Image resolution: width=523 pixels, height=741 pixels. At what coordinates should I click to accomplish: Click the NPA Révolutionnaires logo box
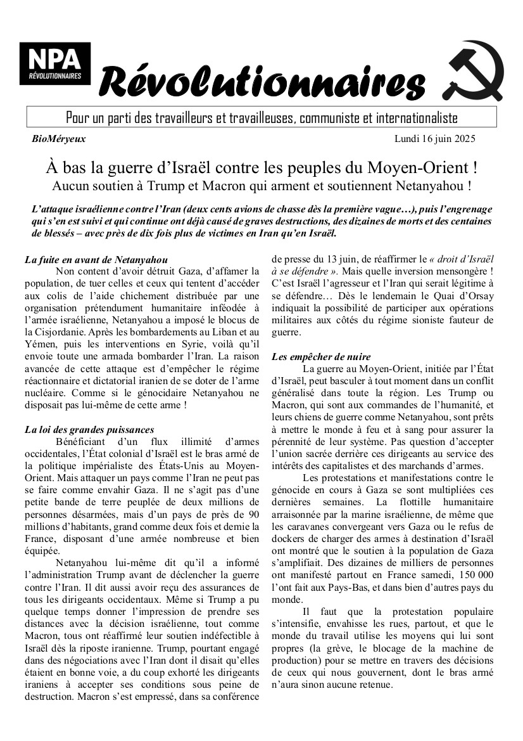click(55, 64)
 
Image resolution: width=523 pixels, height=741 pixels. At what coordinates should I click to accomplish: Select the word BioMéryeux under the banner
click(58, 139)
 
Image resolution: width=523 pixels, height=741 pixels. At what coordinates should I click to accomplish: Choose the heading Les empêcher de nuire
click(321, 357)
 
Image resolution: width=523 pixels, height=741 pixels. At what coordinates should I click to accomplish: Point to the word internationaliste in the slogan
click(417, 118)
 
